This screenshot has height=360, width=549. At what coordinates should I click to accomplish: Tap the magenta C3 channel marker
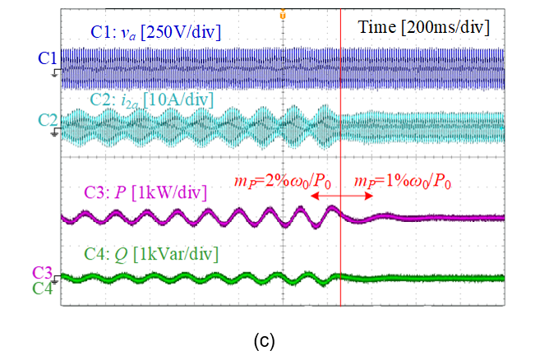point(44,272)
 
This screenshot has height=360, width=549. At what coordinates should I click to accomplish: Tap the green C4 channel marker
point(44,288)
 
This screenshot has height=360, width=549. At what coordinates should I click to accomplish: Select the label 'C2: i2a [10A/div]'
point(151,99)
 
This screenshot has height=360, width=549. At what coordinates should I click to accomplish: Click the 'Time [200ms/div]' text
point(423,29)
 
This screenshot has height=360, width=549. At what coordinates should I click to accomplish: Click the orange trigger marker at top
point(283,14)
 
